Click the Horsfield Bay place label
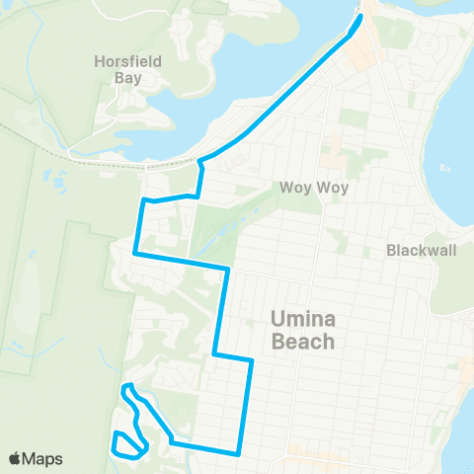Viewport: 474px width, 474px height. coord(140,69)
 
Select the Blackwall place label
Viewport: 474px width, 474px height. coord(422,250)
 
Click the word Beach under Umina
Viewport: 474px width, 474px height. coord(302,343)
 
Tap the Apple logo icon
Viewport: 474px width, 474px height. coord(16,458)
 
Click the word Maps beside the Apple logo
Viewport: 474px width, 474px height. coord(43,458)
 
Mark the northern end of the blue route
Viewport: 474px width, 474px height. coord(359,17)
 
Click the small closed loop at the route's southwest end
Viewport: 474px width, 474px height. coord(126,446)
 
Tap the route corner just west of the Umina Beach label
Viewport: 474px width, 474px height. coord(252,361)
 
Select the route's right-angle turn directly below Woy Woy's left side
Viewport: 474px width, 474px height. coord(228,268)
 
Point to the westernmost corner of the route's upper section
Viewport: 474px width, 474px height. coord(135,254)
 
